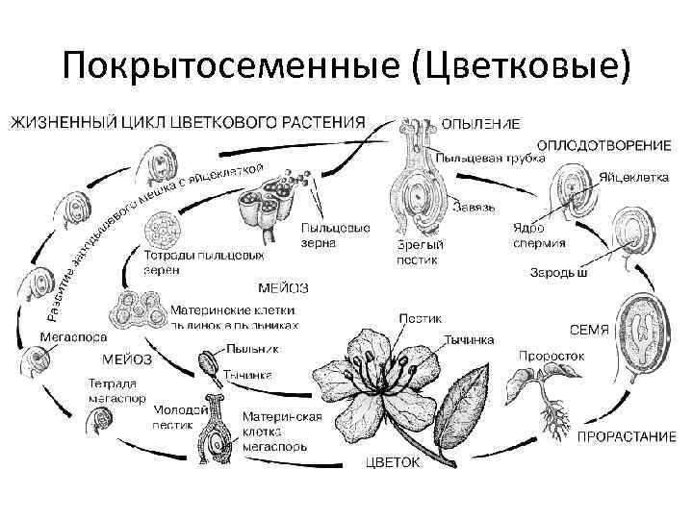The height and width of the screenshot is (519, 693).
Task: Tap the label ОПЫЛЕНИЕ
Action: tap(481, 124)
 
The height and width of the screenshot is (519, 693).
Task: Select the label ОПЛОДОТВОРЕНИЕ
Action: tap(603, 145)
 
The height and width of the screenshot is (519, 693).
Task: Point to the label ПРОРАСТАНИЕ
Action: tap(626, 437)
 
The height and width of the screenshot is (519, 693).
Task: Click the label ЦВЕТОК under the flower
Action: tap(392, 463)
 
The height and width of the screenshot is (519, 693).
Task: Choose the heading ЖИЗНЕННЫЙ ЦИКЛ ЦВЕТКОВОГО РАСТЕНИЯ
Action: tap(188, 122)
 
